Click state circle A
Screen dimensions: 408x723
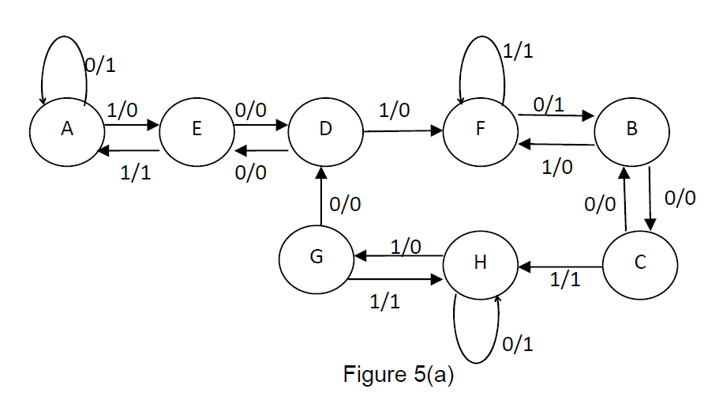point(67,130)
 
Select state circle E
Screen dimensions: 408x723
point(196,130)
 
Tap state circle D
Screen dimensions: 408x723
point(324,130)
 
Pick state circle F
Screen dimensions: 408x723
point(479,130)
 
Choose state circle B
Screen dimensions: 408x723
point(631,130)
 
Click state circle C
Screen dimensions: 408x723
point(639,263)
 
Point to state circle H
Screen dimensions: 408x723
point(480,263)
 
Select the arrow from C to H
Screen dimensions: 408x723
point(560,267)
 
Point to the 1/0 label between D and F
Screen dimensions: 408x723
point(394,111)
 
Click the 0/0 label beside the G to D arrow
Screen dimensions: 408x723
point(346,205)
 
